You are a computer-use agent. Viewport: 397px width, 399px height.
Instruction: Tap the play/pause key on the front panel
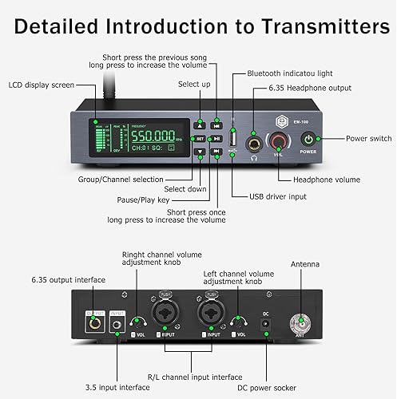pos(216,138)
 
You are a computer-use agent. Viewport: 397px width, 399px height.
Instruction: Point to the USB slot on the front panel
pos(233,136)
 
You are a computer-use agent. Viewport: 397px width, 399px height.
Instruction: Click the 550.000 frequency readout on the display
pos(157,136)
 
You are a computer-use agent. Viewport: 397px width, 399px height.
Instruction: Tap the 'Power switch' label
pos(368,138)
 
